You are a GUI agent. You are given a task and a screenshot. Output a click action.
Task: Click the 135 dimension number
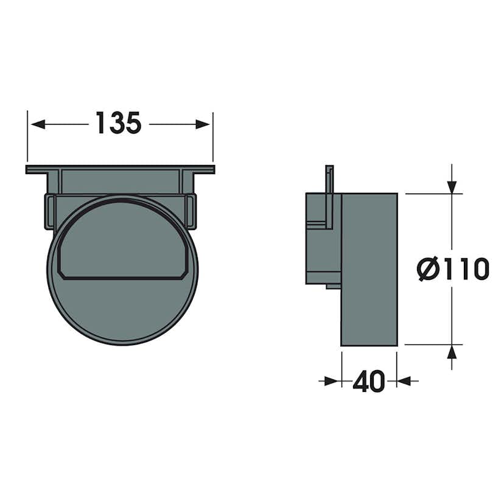(x=119, y=124)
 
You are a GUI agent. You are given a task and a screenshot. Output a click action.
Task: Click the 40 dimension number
(x=369, y=382)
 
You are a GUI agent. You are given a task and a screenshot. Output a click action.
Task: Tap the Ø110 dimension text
(x=453, y=269)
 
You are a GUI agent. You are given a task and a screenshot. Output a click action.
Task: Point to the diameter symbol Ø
(x=429, y=269)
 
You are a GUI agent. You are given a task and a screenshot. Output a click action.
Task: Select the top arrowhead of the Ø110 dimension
(x=451, y=186)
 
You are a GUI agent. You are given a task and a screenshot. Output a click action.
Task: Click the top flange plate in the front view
(x=120, y=169)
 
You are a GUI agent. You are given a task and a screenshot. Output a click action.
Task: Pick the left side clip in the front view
(x=49, y=211)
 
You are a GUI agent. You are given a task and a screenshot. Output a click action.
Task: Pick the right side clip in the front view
(x=191, y=211)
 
